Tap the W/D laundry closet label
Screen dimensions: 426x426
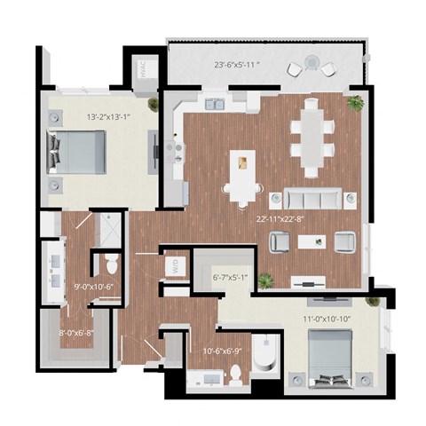(175, 264)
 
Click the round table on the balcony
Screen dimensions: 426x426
(311, 63)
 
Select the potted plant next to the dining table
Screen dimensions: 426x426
(356, 103)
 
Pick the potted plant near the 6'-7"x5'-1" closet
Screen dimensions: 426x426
(266, 280)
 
